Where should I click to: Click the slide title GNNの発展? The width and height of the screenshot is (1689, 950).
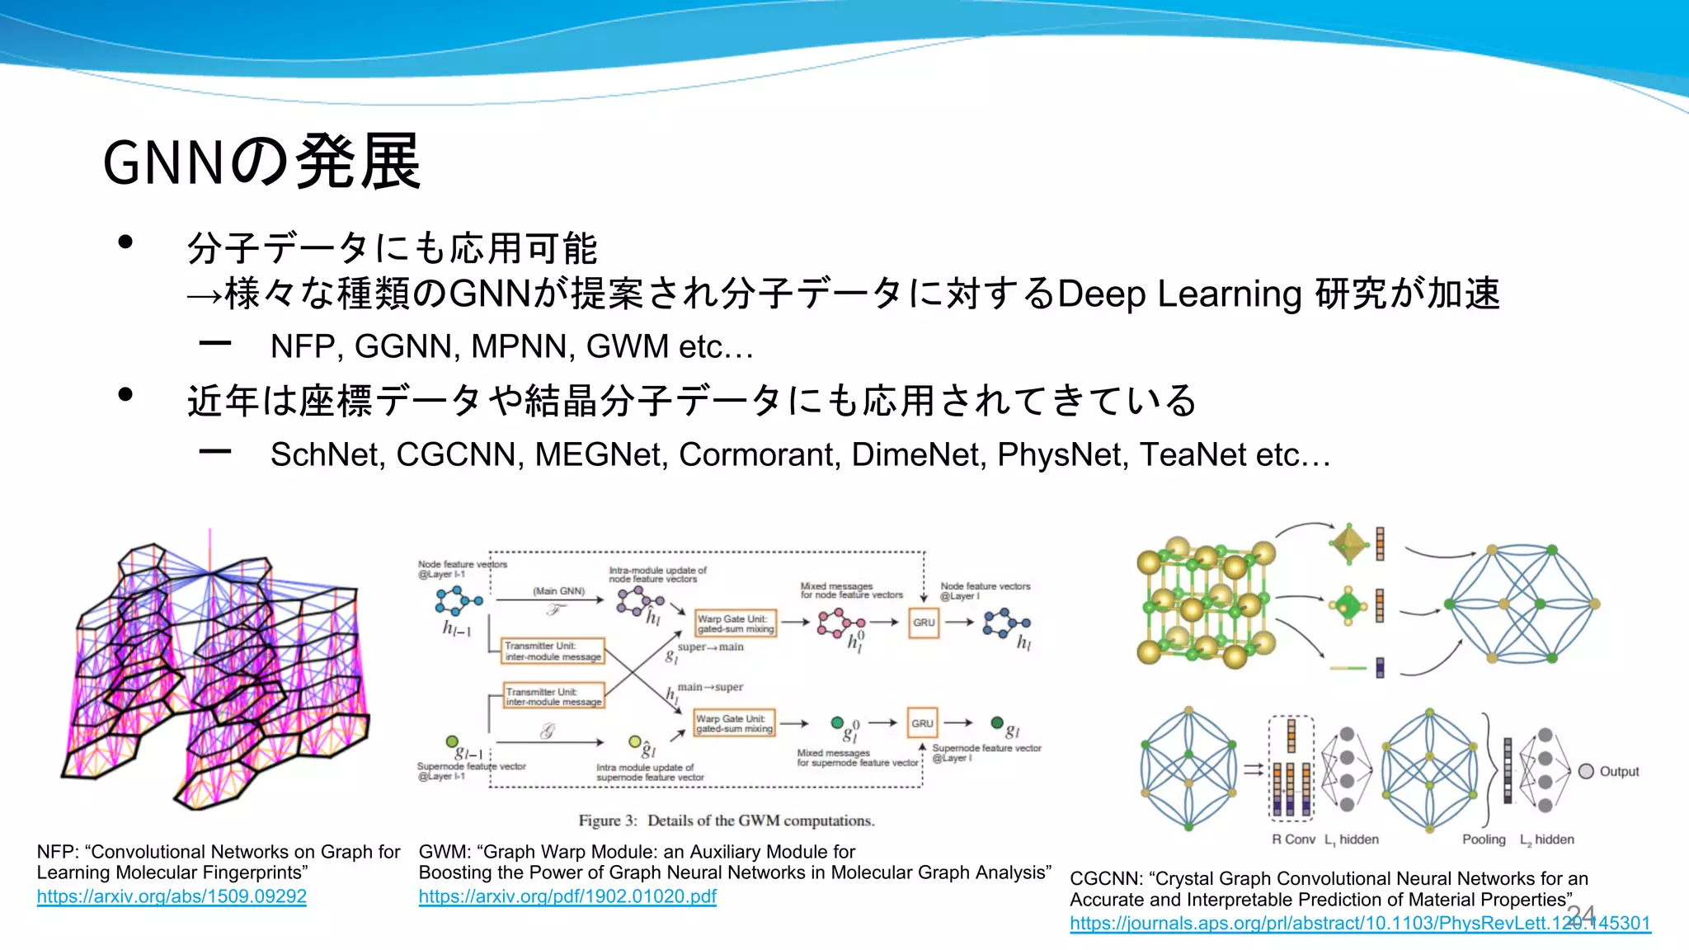(x=261, y=162)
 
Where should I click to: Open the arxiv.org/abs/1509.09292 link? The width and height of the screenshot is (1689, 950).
(x=172, y=896)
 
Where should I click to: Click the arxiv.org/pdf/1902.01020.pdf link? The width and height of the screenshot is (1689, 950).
(x=567, y=896)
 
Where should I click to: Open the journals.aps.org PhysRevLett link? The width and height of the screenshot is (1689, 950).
(x=1360, y=924)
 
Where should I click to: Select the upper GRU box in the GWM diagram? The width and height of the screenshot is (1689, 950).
(x=924, y=623)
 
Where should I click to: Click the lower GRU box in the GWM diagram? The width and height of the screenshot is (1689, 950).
(x=922, y=723)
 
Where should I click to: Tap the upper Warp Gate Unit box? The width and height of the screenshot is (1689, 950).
(x=735, y=623)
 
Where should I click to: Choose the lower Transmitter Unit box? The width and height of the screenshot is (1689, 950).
(x=554, y=697)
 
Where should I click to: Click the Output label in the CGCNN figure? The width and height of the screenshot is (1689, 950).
(x=1619, y=772)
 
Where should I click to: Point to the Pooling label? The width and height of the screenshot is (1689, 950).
(x=1484, y=839)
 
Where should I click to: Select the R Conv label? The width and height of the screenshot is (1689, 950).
(x=1293, y=839)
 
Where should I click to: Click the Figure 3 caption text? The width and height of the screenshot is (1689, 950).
(x=727, y=821)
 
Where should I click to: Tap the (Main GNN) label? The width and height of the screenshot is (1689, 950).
(x=558, y=591)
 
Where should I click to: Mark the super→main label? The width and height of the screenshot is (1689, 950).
(x=710, y=647)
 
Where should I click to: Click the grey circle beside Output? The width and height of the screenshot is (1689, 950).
(x=1586, y=771)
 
